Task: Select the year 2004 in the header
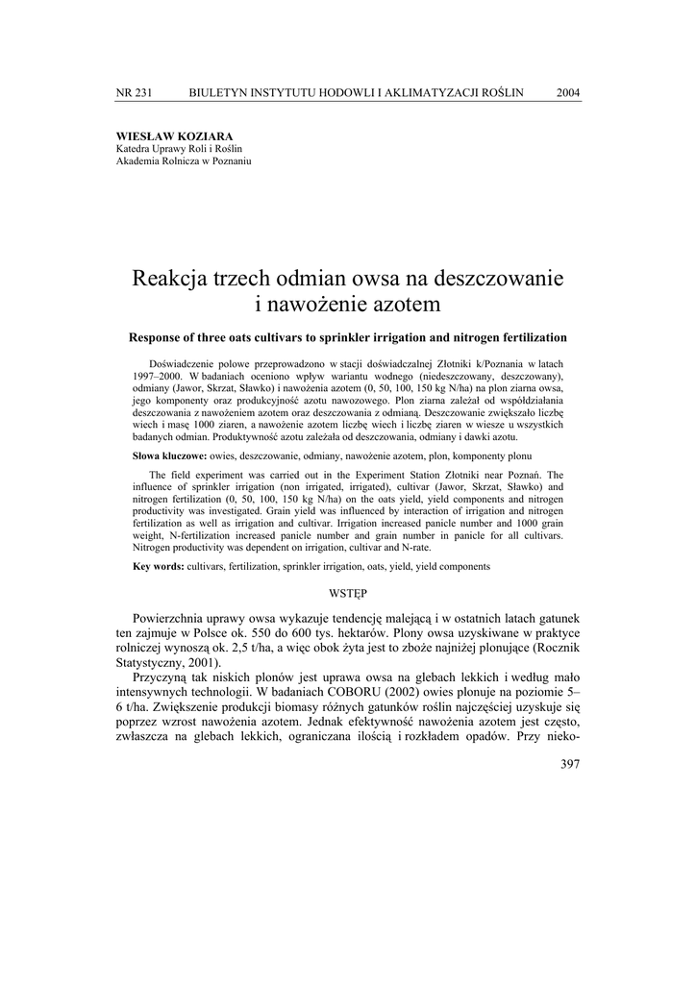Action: (x=568, y=92)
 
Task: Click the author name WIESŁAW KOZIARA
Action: (x=173, y=136)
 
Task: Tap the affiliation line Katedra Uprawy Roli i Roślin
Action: (x=179, y=149)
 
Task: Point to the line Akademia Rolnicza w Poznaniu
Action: (x=183, y=161)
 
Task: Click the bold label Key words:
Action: (x=159, y=567)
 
